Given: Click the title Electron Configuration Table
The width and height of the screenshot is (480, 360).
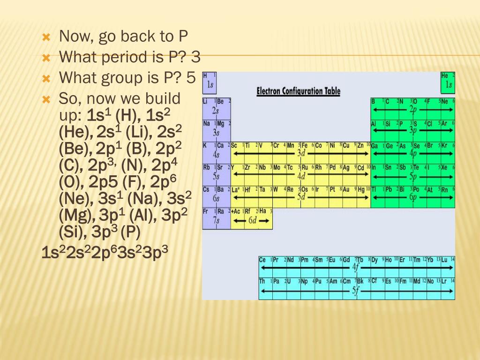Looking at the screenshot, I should [x=298, y=91].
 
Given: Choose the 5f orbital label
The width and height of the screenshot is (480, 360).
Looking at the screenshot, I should [x=356, y=290].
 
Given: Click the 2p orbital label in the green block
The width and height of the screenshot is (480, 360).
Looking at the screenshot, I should [x=412, y=109].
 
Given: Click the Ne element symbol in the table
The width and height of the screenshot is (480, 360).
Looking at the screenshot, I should [x=444, y=101].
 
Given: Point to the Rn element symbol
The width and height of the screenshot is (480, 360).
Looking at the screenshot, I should [x=444, y=189].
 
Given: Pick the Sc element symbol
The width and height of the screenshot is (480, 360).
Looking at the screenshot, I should [x=235, y=145].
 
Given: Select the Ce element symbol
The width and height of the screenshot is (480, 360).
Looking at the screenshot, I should [x=262, y=259].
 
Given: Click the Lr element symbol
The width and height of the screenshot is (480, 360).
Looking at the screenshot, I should [x=444, y=281].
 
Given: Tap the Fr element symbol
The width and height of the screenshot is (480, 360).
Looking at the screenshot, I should [x=206, y=211].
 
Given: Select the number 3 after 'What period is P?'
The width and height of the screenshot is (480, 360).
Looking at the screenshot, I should [x=196, y=58].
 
